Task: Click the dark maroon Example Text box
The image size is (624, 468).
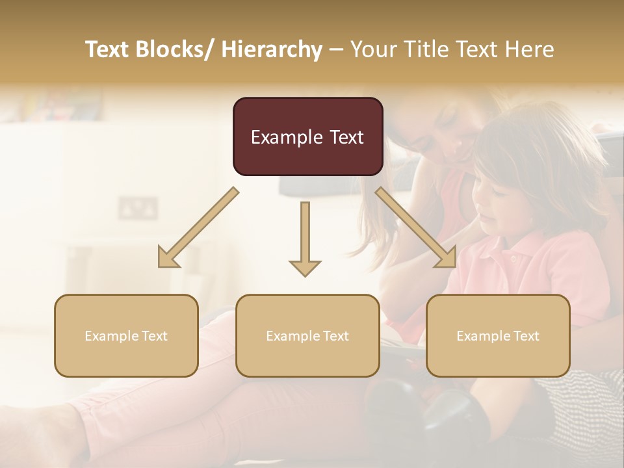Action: [x=307, y=136]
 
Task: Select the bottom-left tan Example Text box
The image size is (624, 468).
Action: [x=126, y=335]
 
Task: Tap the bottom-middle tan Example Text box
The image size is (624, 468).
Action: [x=307, y=335]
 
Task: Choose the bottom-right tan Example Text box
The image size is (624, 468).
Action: [x=498, y=335]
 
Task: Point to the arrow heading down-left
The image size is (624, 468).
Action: [x=198, y=228]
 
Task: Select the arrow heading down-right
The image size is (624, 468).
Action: [x=417, y=228]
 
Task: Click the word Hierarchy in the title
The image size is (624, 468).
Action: [x=272, y=49]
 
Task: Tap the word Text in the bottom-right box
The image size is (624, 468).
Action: [x=525, y=336]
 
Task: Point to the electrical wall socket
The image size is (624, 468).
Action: [x=138, y=208]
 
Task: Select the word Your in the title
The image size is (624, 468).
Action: [x=372, y=49]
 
